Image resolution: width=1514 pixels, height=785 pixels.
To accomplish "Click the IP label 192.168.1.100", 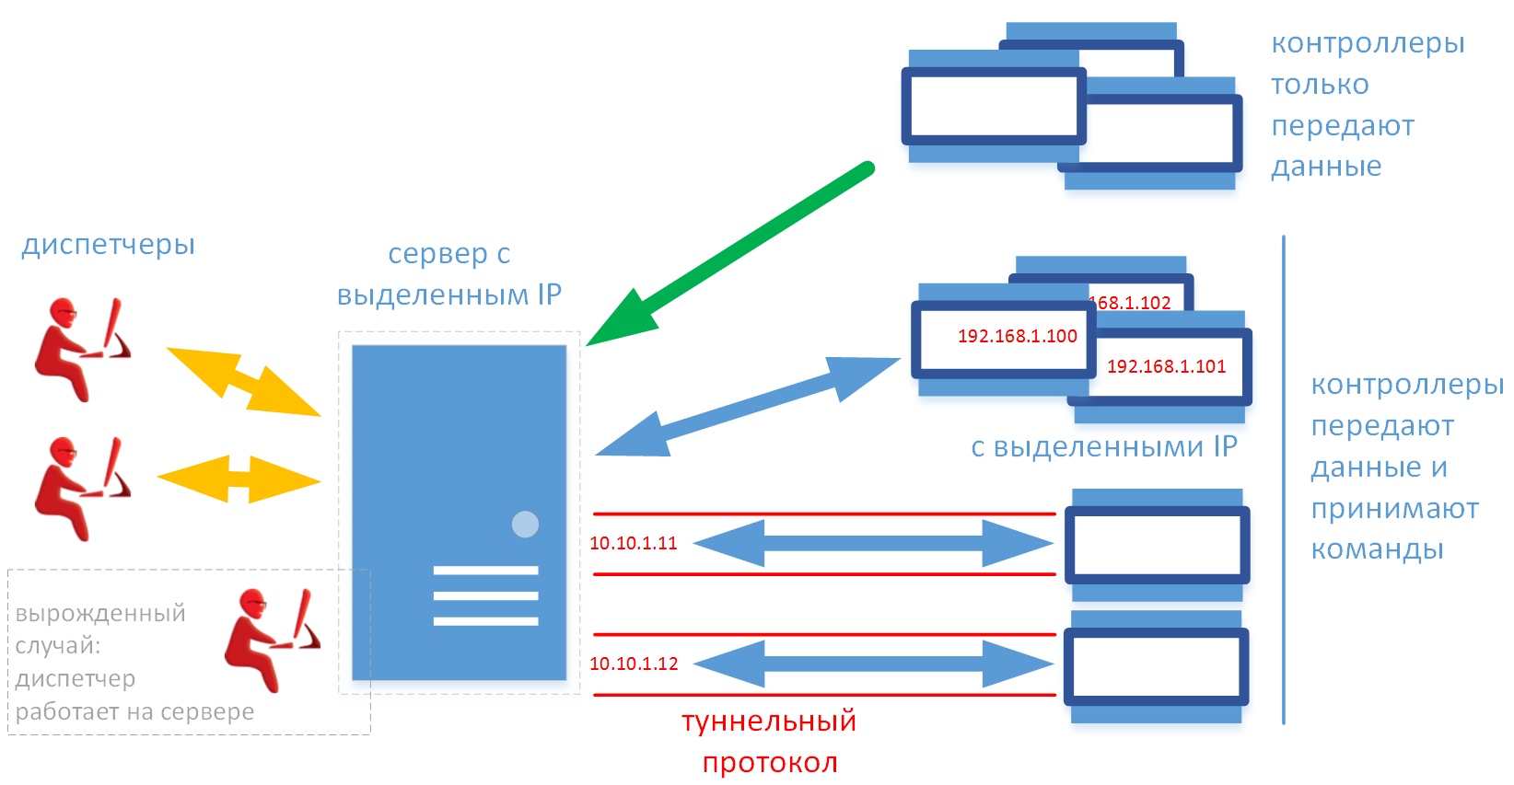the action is click(1018, 336).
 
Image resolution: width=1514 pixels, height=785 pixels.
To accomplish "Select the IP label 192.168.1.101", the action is click(1166, 366).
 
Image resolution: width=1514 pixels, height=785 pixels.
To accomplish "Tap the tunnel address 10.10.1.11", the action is click(634, 543).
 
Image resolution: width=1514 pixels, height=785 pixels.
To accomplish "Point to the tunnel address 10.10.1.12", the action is click(634, 664).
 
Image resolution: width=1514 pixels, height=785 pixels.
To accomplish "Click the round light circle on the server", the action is click(525, 525).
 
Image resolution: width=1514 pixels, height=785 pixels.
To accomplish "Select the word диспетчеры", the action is click(108, 245).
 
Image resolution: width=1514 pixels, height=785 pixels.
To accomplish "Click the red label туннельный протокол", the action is click(769, 741).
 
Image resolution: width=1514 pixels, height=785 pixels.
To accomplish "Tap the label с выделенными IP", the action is click(1104, 446).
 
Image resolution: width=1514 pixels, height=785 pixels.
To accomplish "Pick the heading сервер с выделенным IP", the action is click(449, 273).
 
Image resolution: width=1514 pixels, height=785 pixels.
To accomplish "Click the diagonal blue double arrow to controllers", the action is click(748, 407).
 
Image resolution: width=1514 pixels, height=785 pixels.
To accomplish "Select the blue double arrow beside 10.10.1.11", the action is click(873, 543).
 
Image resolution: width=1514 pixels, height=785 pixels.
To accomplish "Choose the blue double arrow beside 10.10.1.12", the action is click(873, 664).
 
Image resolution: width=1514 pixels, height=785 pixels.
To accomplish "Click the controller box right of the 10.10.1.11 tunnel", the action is click(1157, 545).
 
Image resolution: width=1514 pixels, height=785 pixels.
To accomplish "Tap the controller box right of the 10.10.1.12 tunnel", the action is click(1157, 667).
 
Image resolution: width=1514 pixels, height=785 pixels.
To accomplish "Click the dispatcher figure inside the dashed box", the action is click(272, 640).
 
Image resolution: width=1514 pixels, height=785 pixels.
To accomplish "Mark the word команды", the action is click(1377, 549).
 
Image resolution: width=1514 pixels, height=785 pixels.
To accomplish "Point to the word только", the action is click(1320, 85).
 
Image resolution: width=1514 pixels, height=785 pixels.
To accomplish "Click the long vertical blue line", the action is click(1284, 479).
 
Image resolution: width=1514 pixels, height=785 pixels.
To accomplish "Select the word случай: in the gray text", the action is click(58, 646).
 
